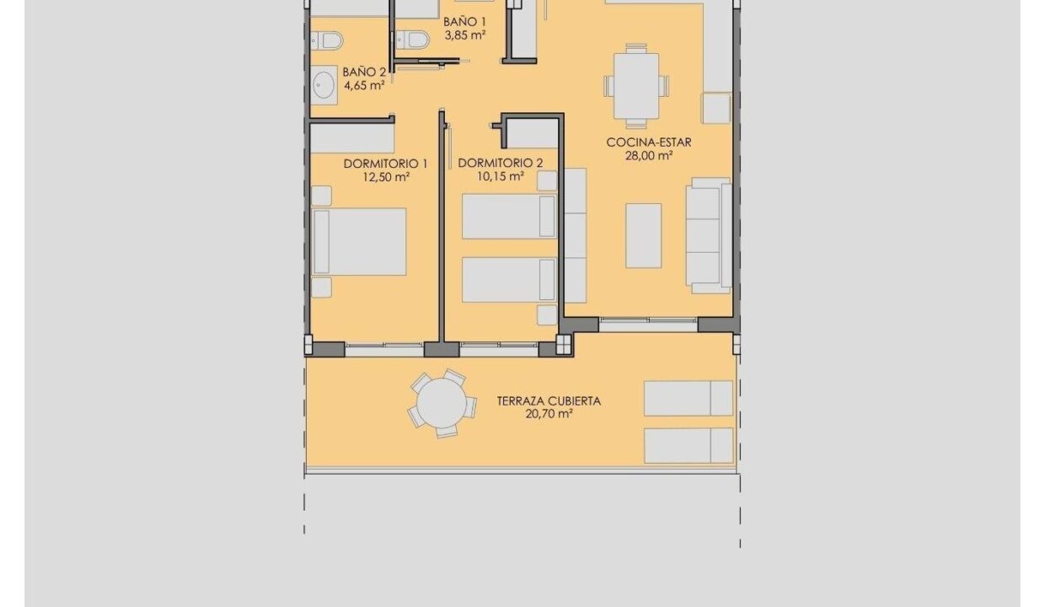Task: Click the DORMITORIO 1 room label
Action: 385,164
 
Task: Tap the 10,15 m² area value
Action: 501,176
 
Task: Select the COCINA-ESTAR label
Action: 648,142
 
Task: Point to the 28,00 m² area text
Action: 649,156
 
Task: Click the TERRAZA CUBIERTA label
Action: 549,400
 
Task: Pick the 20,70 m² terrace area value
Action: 549,414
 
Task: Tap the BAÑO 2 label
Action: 364,73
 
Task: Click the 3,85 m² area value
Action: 465,35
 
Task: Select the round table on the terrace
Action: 442,403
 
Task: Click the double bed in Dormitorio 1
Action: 359,242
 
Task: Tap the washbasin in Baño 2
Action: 324,85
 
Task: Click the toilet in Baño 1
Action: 412,40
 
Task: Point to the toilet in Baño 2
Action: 327,40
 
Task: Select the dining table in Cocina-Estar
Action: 636,86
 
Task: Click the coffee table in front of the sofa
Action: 643,235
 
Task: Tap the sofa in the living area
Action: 709,235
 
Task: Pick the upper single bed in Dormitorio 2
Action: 509,217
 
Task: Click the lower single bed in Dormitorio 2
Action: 509,280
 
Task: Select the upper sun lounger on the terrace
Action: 689,399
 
